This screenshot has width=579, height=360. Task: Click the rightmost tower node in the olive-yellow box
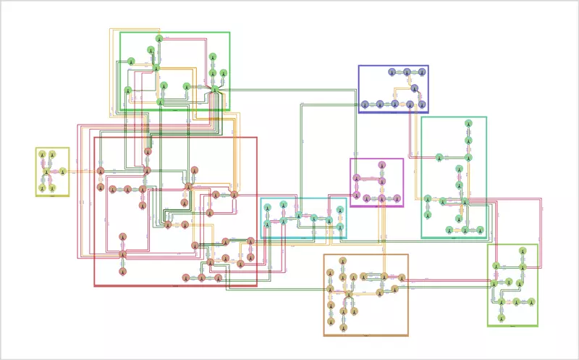coord(62,172)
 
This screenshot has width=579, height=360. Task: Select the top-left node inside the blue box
coord(392,72)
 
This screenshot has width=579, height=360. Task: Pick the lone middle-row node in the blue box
coord(415,88)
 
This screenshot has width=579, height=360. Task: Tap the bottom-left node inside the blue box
coord(365,104)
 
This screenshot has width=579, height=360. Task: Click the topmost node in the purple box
coord(381,165)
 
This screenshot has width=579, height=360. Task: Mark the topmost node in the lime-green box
coord(522,252)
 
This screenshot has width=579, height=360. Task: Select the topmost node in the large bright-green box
coord(159,39)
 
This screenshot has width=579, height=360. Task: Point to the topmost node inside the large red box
coord(148,152)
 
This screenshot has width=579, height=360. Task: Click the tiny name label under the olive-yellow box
coord(52,196)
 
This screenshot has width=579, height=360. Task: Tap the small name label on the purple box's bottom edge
coord(376,207)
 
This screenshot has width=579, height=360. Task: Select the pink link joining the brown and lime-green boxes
coord(445,279)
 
